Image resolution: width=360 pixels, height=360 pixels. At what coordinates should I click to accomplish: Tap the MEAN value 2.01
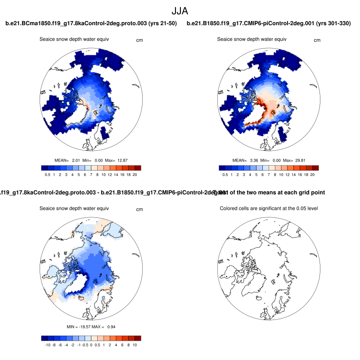pyautogui.click(x=76, y=160)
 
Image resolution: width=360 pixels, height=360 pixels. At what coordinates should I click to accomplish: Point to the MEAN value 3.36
pyautogui.click(x=253, y=160)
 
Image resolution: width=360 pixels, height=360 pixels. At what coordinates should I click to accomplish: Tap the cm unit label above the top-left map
pyautogui.click(x=139, y=40)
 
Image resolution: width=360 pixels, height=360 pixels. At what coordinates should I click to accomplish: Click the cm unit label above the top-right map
pyautogui.click(x=317, y=40)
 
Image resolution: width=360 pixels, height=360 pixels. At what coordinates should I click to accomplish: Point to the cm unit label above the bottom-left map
pyautogui.click(x=139, y=209)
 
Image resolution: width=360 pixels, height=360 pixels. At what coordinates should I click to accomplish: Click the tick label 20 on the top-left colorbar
pyautogui.click(x=135, y=174)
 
